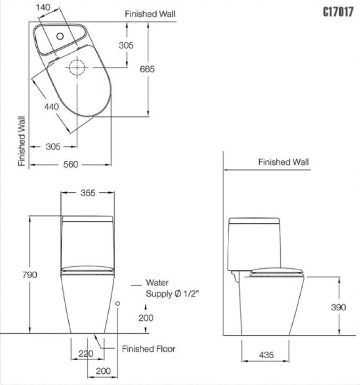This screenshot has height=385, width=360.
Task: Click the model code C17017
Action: click(x=337, y=12)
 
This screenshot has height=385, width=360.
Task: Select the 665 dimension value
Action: click(x=147, y=69)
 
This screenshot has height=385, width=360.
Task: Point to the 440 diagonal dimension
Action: click(x=52, y=107)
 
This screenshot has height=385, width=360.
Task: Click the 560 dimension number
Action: click(x=70, y=164)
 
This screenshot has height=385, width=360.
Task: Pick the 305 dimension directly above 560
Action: click(x=53, y=147)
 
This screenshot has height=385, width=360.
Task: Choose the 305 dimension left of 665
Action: click(x=126, y=45)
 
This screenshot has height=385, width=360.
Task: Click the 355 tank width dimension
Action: click(x=88, y=193)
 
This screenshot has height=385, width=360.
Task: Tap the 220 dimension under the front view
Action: click(x=86, y=354)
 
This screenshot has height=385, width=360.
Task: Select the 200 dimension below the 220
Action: click(x=103, y=371)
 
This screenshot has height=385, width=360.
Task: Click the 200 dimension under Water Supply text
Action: click(x=146, y=318)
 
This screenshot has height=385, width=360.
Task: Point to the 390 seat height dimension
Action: click(x=338, y=307)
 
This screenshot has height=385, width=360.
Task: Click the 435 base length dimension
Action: click(x=266, y=355)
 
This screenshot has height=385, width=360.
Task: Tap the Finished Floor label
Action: click(x=148, y=349)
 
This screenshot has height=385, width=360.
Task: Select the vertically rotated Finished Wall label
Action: click(x=22, y=141)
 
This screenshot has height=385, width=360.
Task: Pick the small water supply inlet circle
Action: click(x=118, y=304)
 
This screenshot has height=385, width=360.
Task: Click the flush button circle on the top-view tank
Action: click(x=60, y=35)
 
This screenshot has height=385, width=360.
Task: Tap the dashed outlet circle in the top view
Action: click(x=77, y=69)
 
